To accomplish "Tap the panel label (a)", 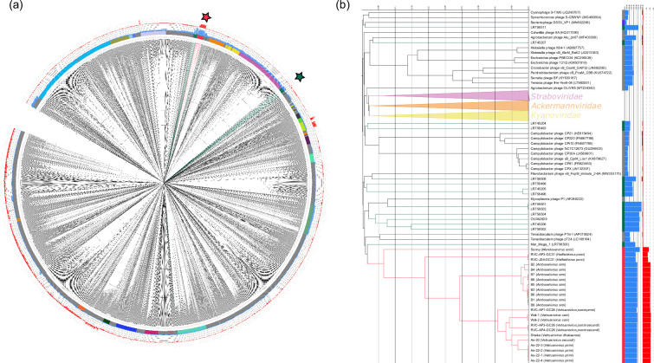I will (x=10, y=7).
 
